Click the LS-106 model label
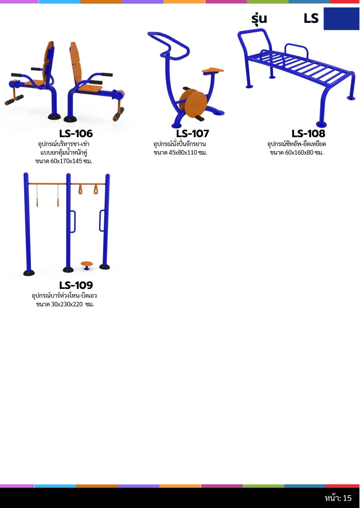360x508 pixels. coord(76,134)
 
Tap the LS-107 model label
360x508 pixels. coord(192,134)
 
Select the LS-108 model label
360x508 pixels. coord(308,134)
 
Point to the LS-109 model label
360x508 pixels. coord(76,285)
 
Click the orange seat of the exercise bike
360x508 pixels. coord(213,70)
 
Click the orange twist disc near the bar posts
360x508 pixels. coord(87,264)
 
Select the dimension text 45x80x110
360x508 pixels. coord(183,153)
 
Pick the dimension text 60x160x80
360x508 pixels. coord(299,153)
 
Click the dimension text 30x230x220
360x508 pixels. coord(67,304)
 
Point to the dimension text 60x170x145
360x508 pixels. coord(66,161)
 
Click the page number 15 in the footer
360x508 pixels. coord(347,498)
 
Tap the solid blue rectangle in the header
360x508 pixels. coord(341,19)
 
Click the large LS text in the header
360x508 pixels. coord(311,19)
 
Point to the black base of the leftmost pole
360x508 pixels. coord(29,273)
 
